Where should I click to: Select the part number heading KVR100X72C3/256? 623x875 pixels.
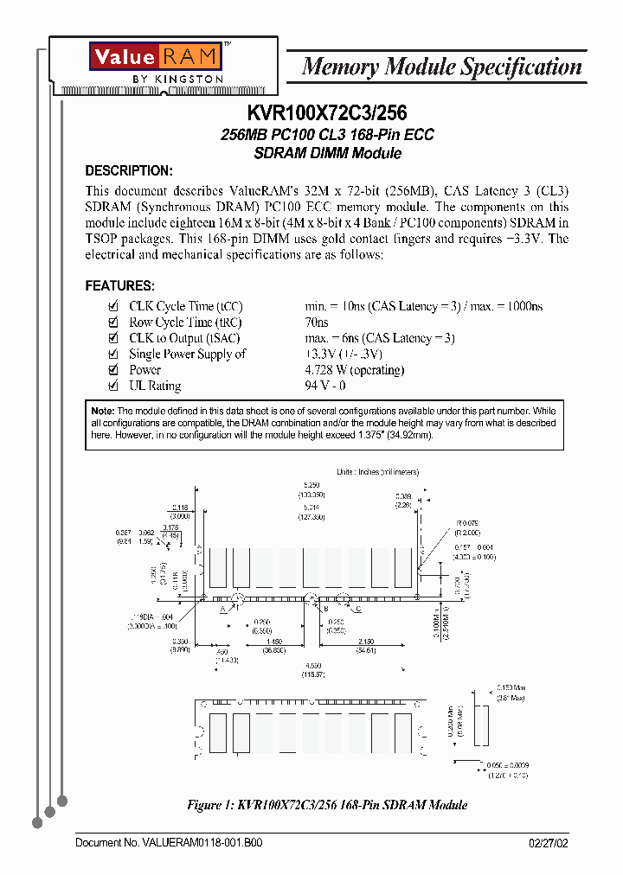[x=327, y=112]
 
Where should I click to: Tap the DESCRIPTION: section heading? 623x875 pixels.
[x=129, y=171]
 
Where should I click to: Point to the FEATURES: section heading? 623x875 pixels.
[x=120, y=285]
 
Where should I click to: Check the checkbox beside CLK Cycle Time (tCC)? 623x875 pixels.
[x=112, y=307]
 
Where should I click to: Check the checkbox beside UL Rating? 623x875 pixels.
[x=112, y=386]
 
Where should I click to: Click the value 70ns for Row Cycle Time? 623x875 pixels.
[x=317, y=323]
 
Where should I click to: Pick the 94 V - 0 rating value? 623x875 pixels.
[x=325, y=386]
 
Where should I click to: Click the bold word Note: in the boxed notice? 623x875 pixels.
[x=103, y=411]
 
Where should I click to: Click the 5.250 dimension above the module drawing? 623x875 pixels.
[x=311, y=486]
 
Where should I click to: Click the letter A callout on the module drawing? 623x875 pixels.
[x=222, y=610]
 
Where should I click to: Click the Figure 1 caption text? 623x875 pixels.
[x=327, y=805]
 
